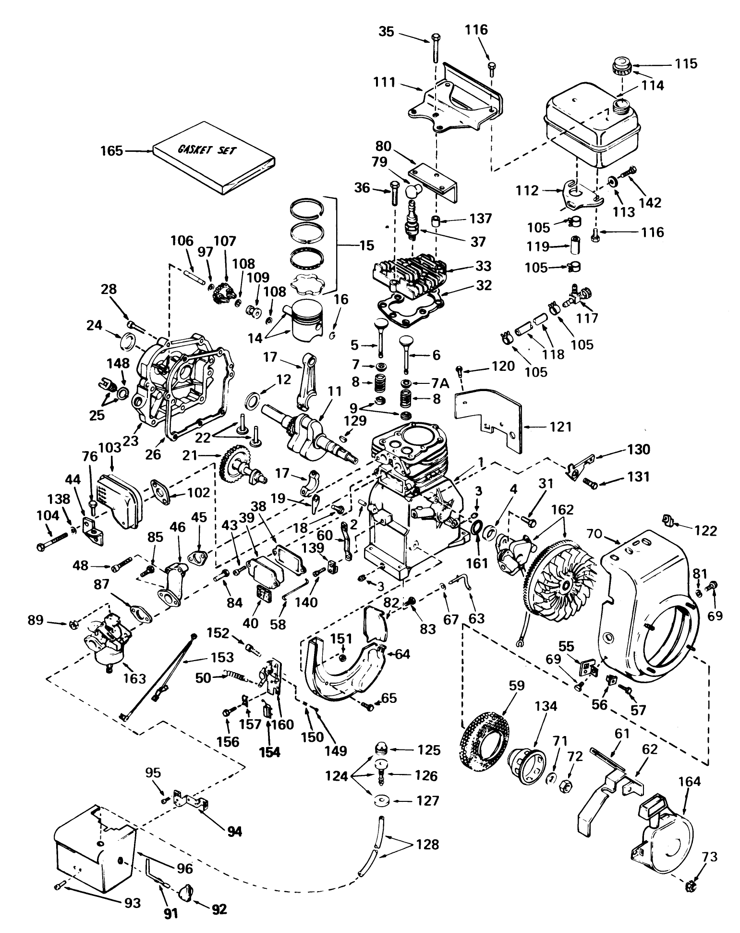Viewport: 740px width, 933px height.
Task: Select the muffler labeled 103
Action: pyautogui.click(x=118, y=497)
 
